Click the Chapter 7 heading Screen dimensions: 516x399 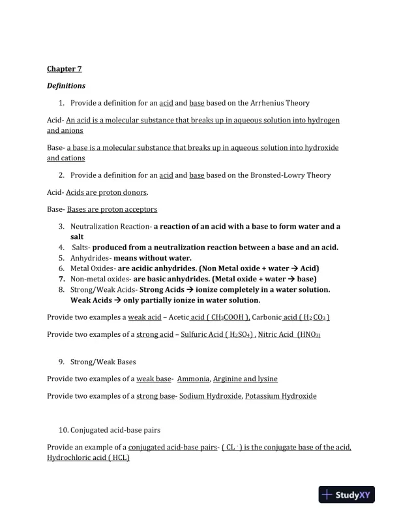coord(64,68)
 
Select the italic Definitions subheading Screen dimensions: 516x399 coord(66,85)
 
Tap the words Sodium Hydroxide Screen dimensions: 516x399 coord(211,395)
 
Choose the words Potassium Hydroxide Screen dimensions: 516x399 coord(281,395)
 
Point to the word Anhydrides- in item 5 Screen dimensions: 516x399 coord(91,257)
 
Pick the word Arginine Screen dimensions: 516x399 coord(227,379)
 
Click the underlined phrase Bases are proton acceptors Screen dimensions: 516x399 coord(111,209)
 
